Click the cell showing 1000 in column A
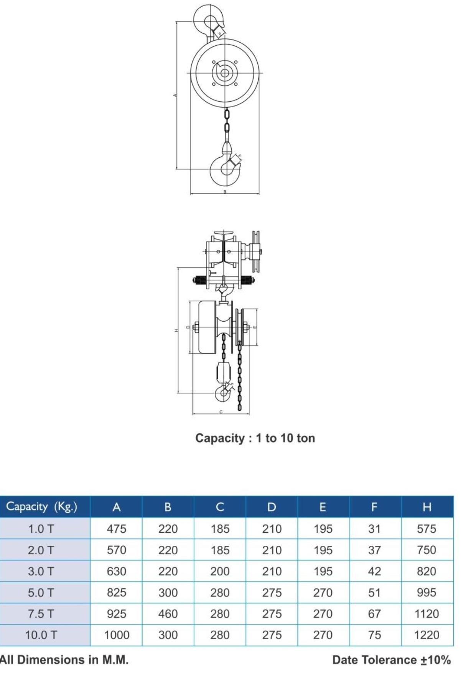point(116,635)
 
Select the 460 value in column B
point(168,614)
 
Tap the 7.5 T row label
point(41,614)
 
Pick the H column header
point(426,507)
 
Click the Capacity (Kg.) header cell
point(41,507)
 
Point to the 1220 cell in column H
point(426,635)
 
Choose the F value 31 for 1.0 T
point(374,529)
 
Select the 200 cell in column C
point(220,571)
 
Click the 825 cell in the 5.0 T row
point(116,592)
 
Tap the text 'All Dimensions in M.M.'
point(64,660)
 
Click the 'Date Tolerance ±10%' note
point(391,660)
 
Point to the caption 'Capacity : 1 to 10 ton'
point(255,438)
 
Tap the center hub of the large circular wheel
point(225,73)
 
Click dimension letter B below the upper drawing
point(225,192)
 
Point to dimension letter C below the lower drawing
point(221,412)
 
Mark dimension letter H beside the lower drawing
point(176,330)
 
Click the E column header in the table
point(323,507)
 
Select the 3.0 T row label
point(41,571)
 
